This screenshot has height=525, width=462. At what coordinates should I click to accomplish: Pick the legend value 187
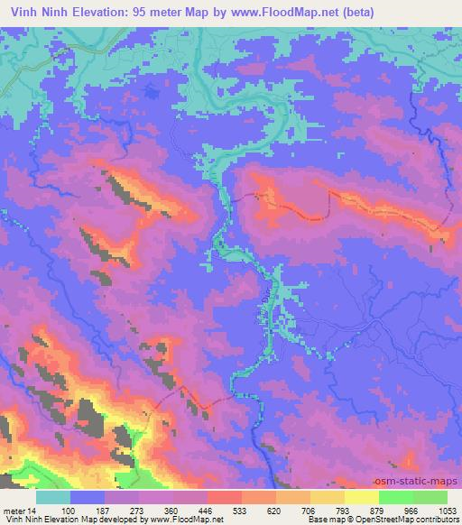pos(106,511)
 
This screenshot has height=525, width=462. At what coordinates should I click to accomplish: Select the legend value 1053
pos(448,511)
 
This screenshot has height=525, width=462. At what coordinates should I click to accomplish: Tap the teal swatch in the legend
pos(53,497)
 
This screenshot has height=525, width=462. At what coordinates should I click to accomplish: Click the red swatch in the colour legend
pos(225,497)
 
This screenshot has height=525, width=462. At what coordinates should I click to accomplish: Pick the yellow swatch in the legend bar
pos(362,497)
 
